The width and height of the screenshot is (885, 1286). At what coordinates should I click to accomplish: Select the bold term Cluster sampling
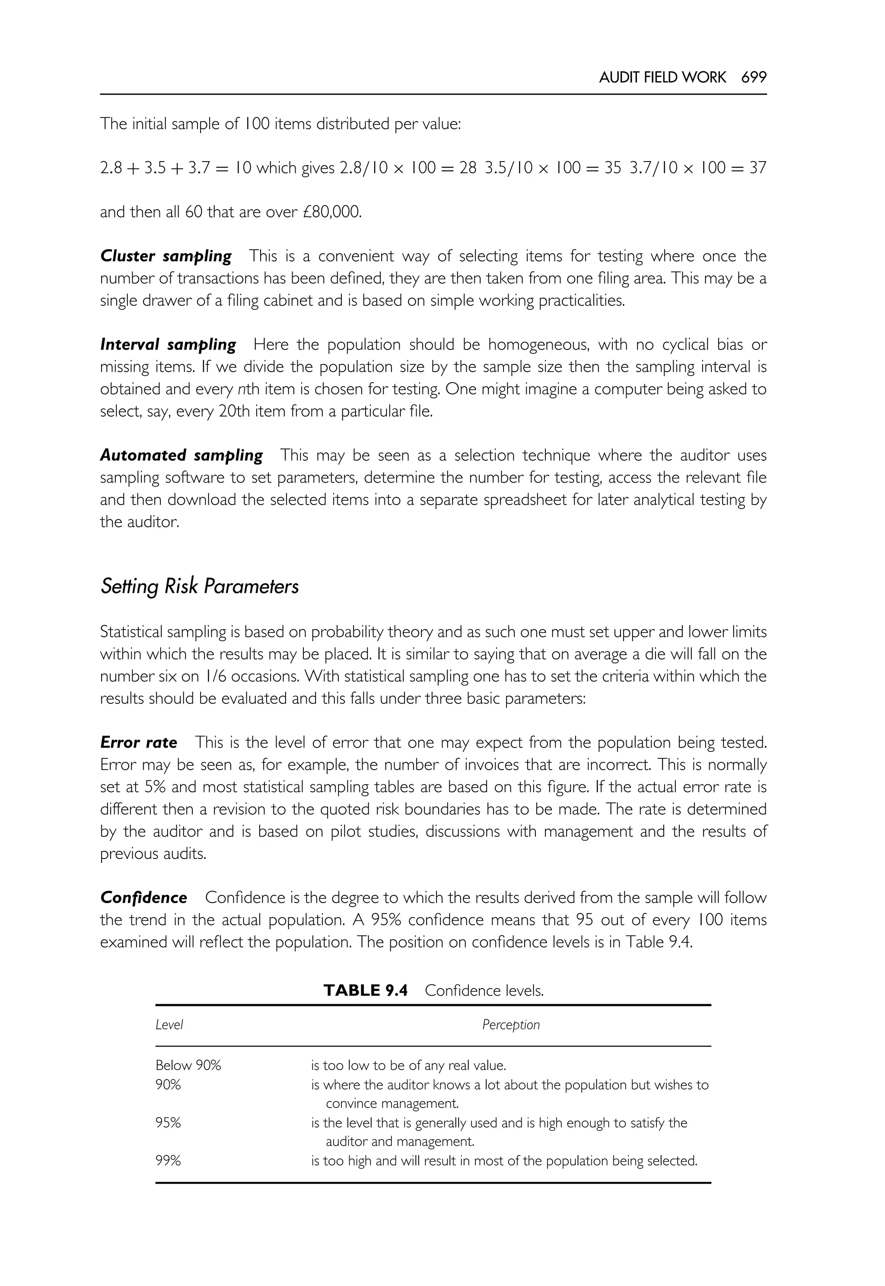pos(166,256)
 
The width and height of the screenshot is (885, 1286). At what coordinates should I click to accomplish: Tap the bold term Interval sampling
pos(168,345)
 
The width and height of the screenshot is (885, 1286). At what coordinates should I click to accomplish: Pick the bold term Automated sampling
pos(181,455)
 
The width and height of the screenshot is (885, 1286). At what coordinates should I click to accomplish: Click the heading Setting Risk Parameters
pos(200,586)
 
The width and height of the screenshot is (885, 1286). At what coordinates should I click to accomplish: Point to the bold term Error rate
pos(139,742)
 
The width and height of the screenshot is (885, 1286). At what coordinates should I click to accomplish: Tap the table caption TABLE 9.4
pos(366,990)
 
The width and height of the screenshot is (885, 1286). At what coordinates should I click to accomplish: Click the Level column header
pos(169,1025)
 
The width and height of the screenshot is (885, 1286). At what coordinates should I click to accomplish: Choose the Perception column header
pos(511,1025)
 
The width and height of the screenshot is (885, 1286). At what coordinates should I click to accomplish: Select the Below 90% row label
pos(188,1065)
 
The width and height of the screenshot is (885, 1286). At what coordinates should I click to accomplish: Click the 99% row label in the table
pos(168,1161)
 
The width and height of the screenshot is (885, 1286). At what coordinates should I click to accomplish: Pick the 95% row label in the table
pos(168,1123)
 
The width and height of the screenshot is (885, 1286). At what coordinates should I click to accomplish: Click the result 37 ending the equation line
pos(758,168)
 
